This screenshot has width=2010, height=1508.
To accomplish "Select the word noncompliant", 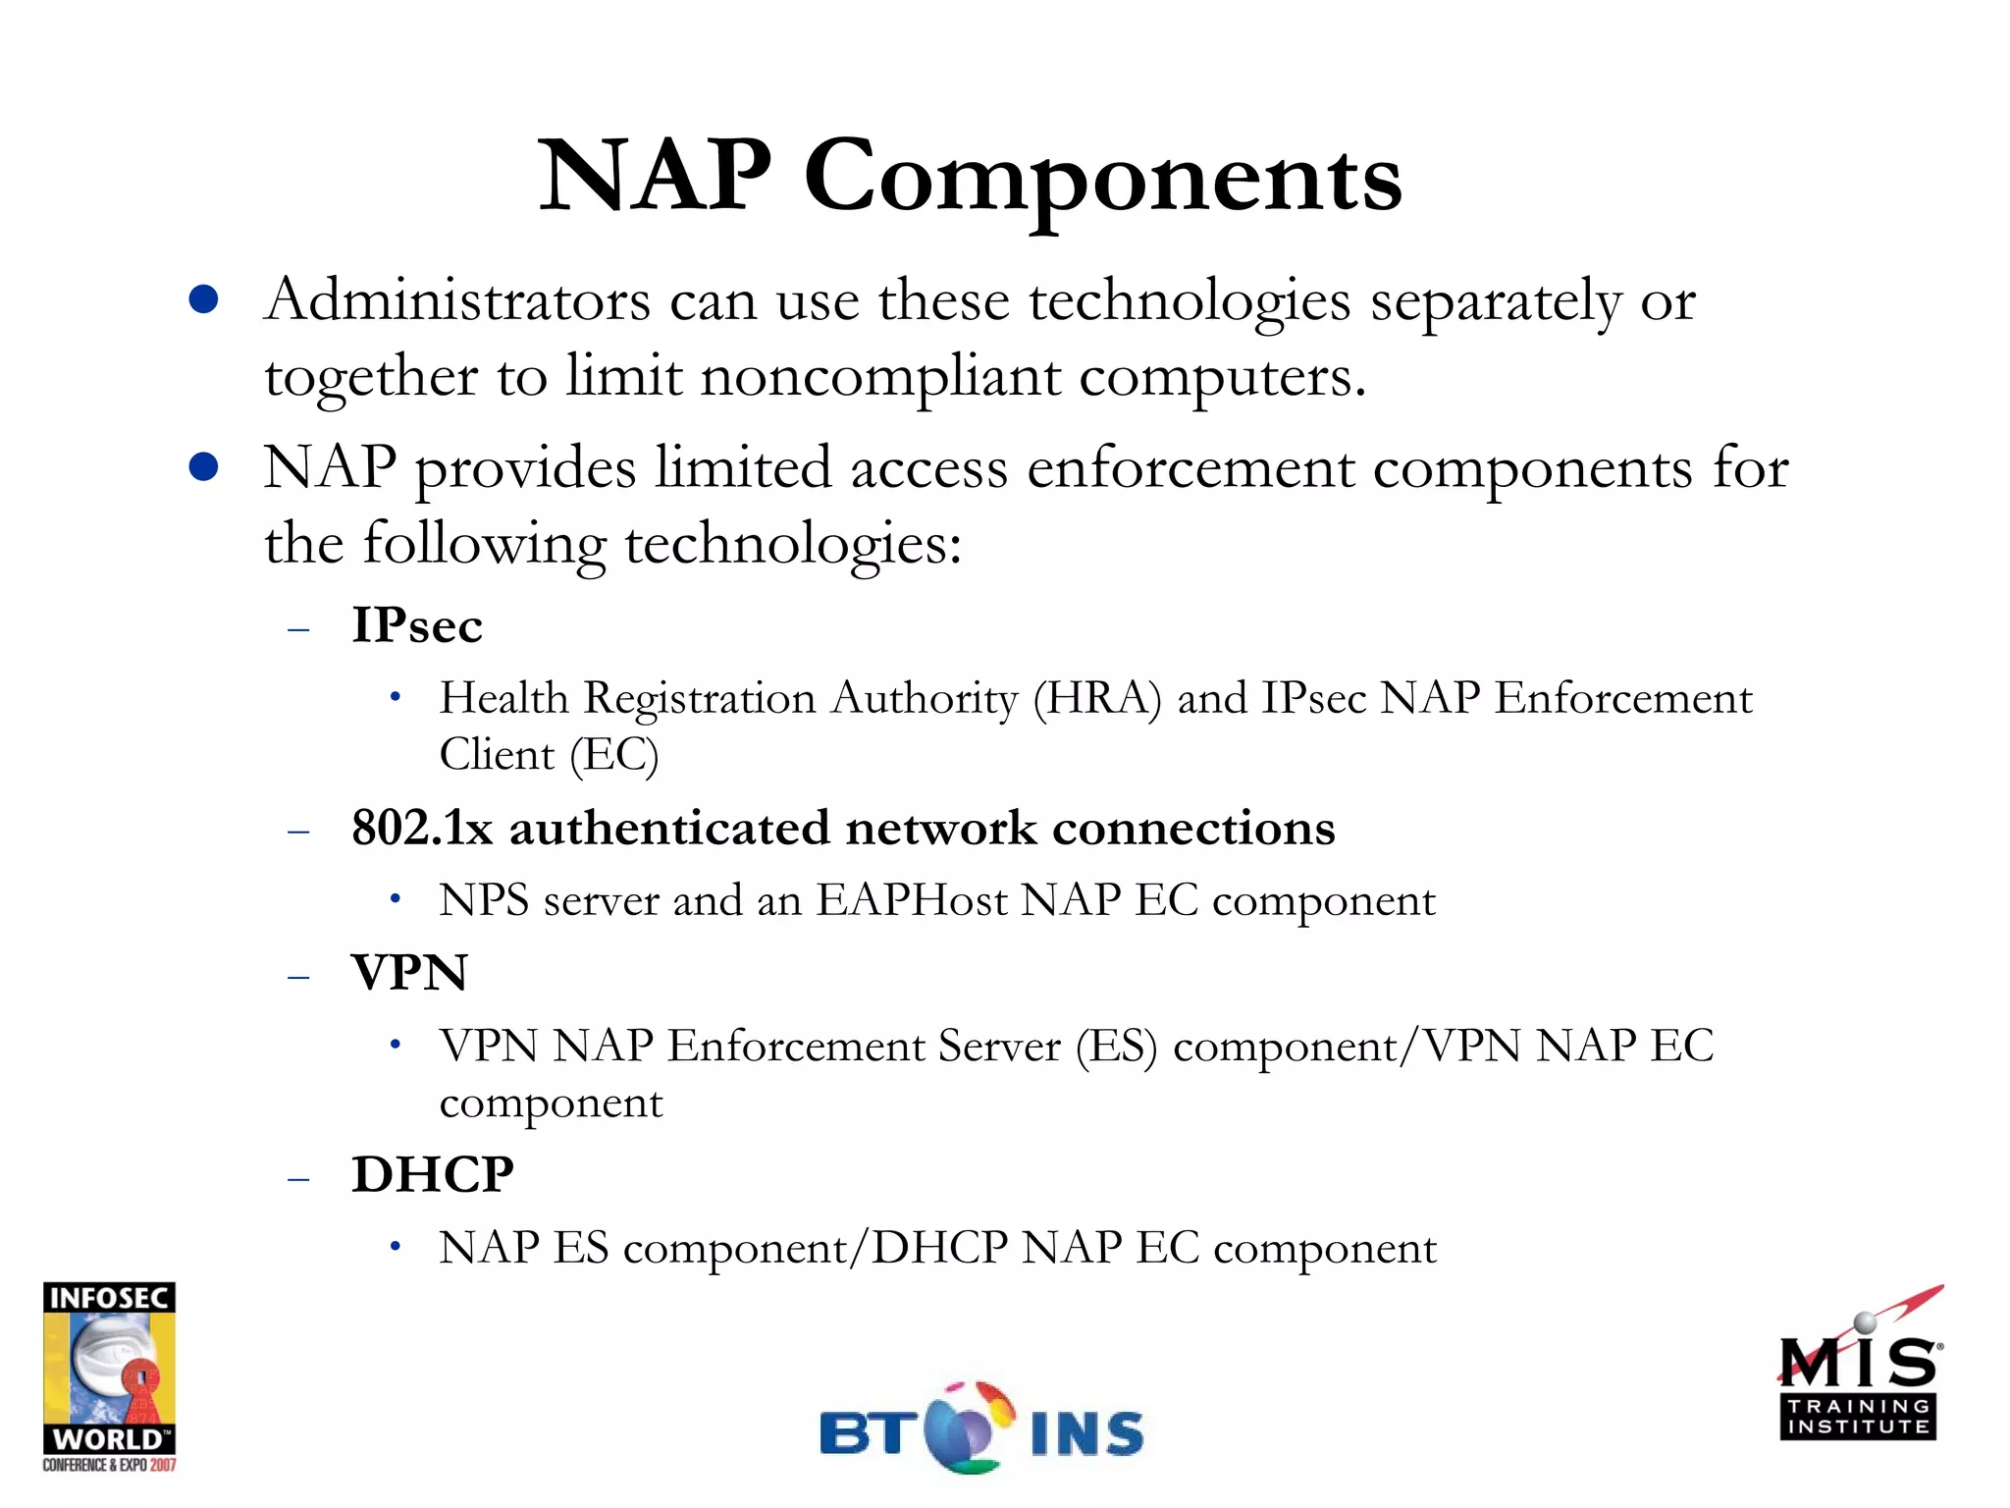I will coord(880,377).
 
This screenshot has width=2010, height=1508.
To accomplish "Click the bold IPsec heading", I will coord(417,625).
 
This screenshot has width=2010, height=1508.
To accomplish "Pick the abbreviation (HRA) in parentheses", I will coord(1097,698).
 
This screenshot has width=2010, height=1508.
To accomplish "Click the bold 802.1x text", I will coord(422,828).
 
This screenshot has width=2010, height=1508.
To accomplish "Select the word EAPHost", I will coord(912,900).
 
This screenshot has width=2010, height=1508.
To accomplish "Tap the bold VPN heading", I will coord(409,973).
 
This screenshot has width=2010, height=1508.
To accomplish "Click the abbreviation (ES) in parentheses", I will coord(1117,1046).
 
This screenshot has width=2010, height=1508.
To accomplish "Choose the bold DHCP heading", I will coord(433,1174).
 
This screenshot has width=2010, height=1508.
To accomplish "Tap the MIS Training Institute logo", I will coord(1858,1374).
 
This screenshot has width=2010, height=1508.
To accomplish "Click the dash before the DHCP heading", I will coord(298,1178).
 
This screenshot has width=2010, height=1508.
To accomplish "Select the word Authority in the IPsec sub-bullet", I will coord(924,698).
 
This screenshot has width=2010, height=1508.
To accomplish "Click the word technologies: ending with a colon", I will coord(793,544).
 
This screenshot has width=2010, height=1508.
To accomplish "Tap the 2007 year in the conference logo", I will coord(163,1466).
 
